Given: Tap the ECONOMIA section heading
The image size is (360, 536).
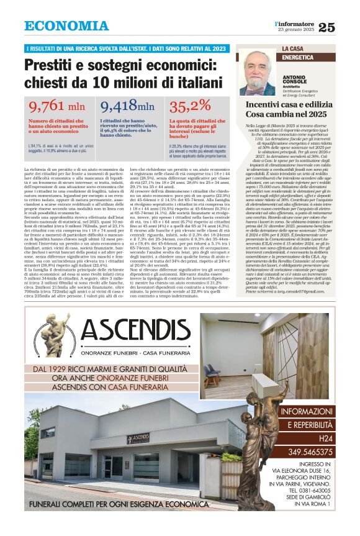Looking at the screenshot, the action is pyautogui.click(x=66, y=26).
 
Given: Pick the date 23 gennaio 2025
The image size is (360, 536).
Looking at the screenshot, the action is pyautogui.click(x=297, y=30).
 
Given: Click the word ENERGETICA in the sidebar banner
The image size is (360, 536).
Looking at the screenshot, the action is pyautogui.click(x=297, y=57).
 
